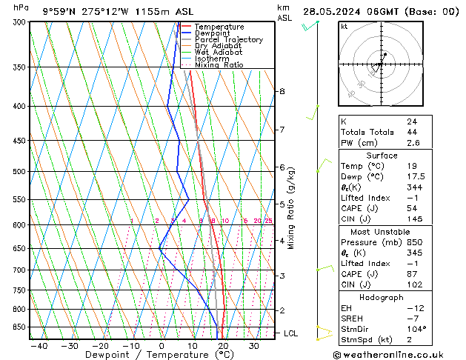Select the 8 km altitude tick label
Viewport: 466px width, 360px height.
[282, 91]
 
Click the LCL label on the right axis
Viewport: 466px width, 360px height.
[290, 333]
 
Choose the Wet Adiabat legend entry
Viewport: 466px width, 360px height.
[217, 53]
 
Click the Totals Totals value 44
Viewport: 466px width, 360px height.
[412, 132]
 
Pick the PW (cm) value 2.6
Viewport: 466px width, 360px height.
[413, 143]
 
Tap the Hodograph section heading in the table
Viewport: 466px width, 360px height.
[382, 297]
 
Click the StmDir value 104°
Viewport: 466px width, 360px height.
[416, 329]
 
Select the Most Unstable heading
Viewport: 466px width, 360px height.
[382, 233]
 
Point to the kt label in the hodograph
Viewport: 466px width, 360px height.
[344, 26]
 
